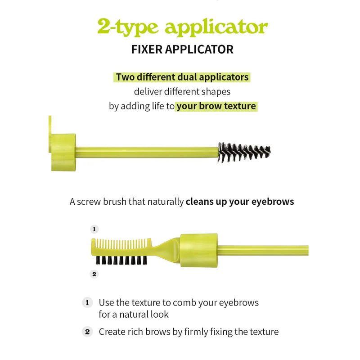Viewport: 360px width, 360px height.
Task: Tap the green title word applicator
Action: (x=216, y=27)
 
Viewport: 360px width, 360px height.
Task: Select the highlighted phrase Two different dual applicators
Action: (x=182, y=77)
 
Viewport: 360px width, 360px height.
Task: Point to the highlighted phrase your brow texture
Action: (x=216, y=106)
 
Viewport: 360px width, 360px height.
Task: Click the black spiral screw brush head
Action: (x=244, y=152)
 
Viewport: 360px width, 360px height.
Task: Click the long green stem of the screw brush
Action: (x=147, y=152)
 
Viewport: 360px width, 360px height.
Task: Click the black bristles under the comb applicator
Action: (x=121, y=260)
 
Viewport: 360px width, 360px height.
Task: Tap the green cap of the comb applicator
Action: (x=198, y=250)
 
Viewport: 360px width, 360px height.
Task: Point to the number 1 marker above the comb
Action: (x=94, y=229)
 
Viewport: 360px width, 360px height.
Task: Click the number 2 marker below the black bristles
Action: (x=94, y=274)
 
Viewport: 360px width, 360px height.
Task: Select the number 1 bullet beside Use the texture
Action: (x=87, y=302)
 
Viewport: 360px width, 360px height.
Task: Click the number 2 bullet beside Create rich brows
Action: (x=87, y=332)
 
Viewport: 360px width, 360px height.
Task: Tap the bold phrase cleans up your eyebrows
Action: (x=240, y=202)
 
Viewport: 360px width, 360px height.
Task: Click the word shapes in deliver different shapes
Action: (x=216, y=92)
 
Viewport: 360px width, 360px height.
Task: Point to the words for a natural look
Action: (x=134, y=314)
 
